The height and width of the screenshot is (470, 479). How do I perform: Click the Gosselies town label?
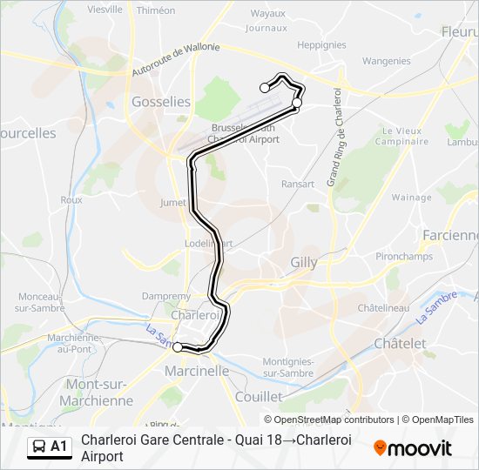(160, 102)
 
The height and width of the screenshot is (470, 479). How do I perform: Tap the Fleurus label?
(459, 31)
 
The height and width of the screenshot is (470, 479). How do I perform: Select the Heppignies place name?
(321, 44)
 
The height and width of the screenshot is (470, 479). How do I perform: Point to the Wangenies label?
(386, 61)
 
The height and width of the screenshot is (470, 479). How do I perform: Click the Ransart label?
(298, 184)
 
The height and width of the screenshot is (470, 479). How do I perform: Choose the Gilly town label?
(304, 261)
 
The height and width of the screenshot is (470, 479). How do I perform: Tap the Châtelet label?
(400, 344)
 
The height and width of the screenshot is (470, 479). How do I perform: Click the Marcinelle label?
(197, 371)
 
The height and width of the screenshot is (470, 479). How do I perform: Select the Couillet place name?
(258, 396)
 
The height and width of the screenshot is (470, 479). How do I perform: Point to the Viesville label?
(105, 10)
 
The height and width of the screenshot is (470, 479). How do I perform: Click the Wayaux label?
(267, 13)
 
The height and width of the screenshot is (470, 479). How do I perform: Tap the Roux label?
(71, 199)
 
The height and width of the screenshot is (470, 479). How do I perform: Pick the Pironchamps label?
(403, 258)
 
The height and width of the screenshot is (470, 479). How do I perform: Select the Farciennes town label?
(449, 235)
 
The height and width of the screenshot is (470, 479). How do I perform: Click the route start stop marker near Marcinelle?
(178, 347)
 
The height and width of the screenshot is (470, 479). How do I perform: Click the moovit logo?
(413, 448)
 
